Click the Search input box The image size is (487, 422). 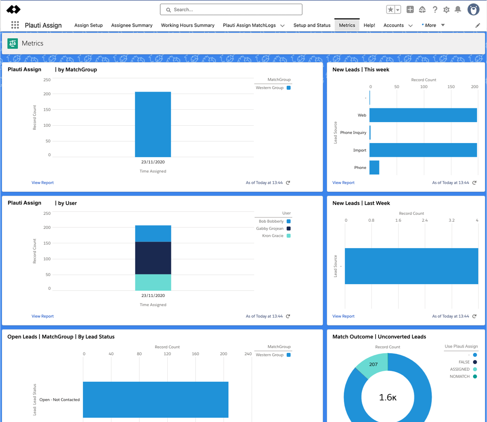tap(231, 10)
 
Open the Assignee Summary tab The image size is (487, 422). tap(132, 25)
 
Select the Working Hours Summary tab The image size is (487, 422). tap(188, 25)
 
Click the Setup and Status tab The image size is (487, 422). tap(312, 25)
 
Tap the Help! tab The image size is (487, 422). tap(369, 25)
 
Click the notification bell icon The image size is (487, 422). tap(458, 10)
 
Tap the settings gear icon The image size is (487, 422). tap(446, 10)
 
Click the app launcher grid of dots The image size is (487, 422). tap(15, 25)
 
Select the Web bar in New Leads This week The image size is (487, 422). tap(423, 115)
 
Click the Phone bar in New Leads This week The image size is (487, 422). tap(374, 167)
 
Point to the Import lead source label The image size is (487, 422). tap(360, 150)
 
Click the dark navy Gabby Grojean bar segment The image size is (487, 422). tap(153, 258)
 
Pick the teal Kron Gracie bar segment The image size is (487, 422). tap(153, 282)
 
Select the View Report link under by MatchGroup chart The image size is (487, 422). tap(43, 183)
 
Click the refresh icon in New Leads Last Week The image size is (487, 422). tap(474, 316)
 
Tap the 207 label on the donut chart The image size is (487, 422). tap(373, 364)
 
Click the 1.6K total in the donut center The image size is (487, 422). tap(388, 397)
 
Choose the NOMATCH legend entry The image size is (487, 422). tap(463, 376)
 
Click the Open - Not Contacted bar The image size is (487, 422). tap(155, 400)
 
